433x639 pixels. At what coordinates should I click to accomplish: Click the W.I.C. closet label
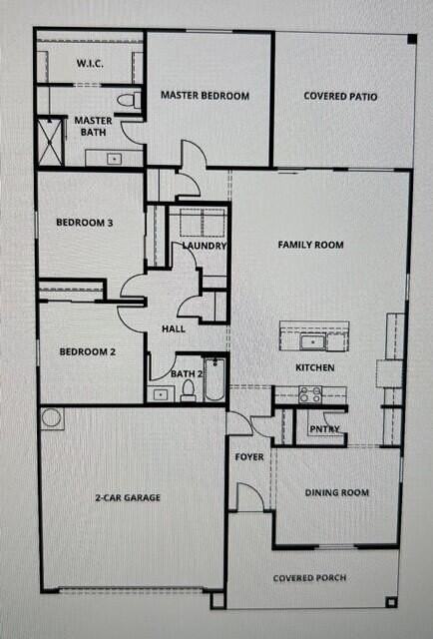[x=91, y=63]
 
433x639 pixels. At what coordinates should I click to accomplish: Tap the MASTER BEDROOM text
[x=205, y=96]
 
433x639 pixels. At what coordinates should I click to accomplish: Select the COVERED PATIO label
[x=341, y=97]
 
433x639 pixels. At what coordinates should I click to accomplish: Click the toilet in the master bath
[x=127, y=100]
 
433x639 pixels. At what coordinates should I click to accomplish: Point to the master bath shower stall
[x=51, y=141]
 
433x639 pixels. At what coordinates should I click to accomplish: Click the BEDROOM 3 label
[x=83, y=224]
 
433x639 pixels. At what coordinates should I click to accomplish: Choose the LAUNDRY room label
[x=205, y=246]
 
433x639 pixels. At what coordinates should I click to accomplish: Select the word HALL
[x=174, y=328]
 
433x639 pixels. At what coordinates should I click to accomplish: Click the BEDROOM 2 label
[x=87, y=351]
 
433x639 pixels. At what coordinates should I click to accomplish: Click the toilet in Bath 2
[x=188, y=391]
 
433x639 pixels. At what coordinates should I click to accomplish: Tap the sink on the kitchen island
[x=313, y=342]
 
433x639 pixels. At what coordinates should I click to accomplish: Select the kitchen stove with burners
[x=310, y=395]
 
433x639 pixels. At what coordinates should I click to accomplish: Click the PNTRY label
[x=324, y=429]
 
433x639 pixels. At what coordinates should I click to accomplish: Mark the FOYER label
[x=248, y=457]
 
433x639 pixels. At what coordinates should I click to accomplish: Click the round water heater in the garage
[x=52, y=418]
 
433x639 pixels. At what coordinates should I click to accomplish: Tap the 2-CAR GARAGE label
[x=129, y=497]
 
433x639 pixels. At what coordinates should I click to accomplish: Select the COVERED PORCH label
[x=312, y=578]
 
